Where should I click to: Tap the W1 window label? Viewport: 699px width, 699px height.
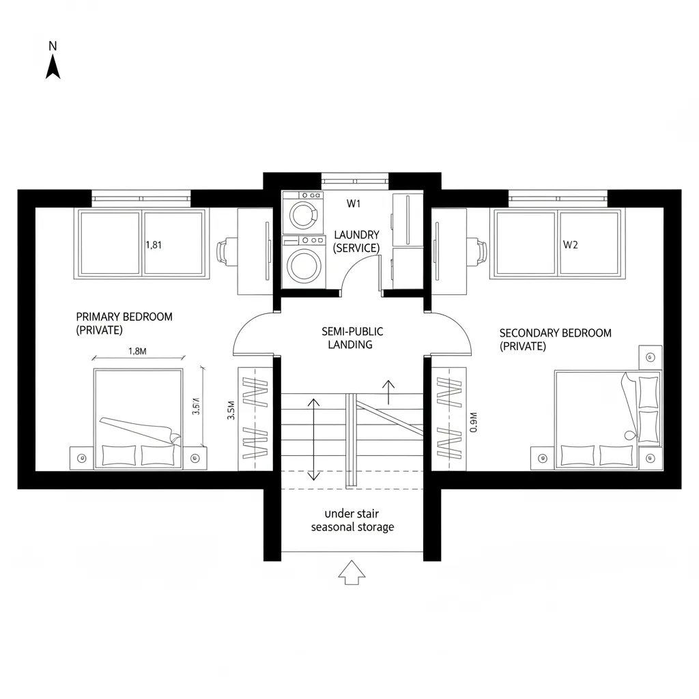coord(353,203)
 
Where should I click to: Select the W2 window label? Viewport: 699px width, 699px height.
coord(570,245)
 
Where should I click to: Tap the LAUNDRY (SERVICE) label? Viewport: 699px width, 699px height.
coord(356,242)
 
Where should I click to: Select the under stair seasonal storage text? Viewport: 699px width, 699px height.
coord(352,520)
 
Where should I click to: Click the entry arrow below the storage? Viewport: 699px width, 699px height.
coord(352,572)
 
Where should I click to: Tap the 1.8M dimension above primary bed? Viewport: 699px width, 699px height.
coord(137,352)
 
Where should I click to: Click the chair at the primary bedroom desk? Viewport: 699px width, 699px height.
coord(225,251)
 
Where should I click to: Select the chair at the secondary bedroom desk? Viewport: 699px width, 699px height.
coord(480,251)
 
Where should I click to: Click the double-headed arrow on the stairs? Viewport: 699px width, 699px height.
coord(313,439)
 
